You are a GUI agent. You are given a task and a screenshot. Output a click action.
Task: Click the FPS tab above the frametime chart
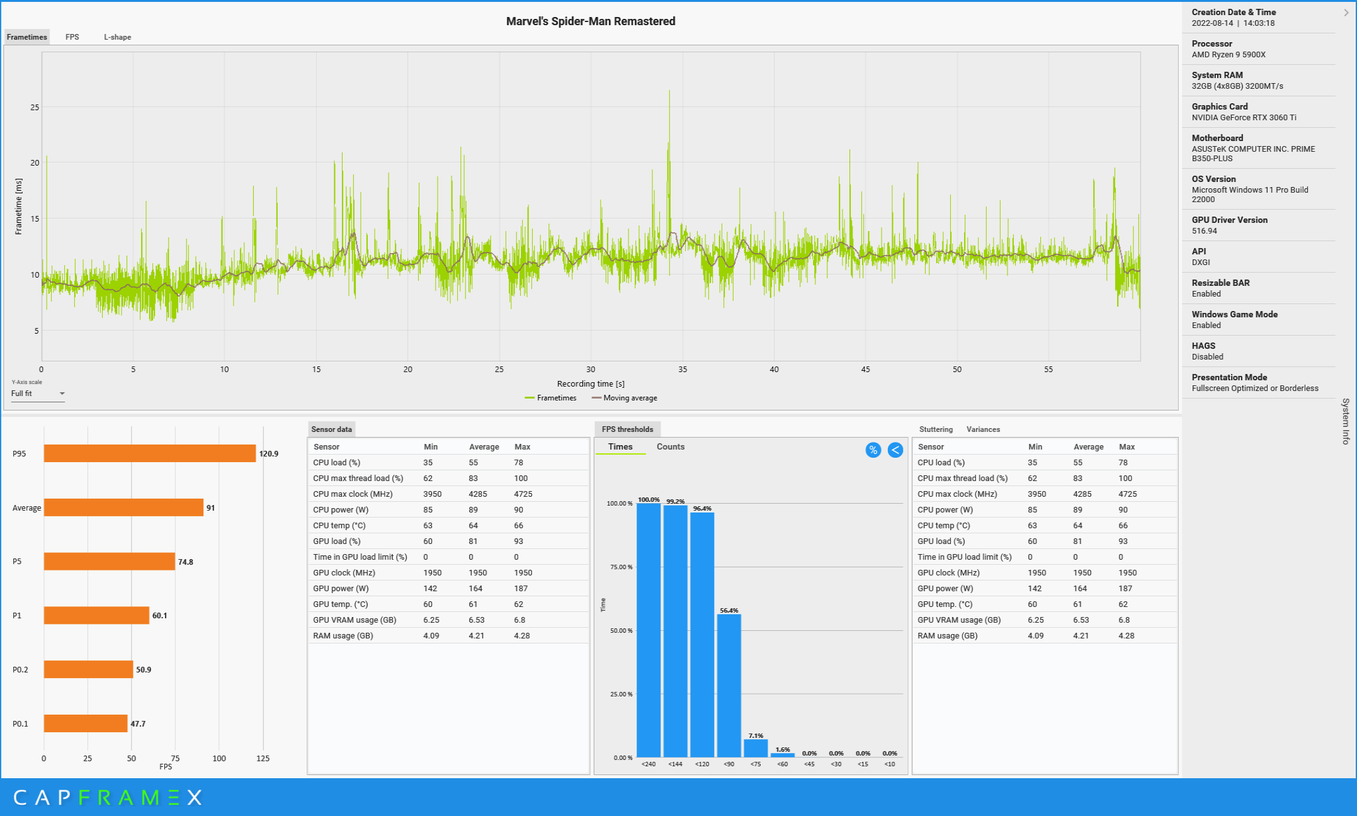[x=72, y=37]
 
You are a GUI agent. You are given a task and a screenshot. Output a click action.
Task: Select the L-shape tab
[x=117, y=37]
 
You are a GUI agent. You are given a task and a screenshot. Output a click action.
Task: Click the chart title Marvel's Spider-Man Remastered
[x=591, y=21]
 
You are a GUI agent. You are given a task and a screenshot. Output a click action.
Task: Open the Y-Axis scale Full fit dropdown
[x=38, y=394]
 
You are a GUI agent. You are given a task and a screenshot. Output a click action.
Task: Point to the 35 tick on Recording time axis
[x=683, y=370]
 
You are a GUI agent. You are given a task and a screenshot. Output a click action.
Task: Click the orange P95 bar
[x=150, y=453]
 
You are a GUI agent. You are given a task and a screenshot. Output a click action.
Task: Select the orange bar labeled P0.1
[x=86, y=723]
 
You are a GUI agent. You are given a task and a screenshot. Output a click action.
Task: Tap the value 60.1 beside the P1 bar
[x=160, y=616]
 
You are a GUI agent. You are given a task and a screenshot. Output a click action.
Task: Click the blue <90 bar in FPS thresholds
[x=729, y=686]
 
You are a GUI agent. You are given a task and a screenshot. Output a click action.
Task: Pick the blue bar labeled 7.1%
[x=756, y=749]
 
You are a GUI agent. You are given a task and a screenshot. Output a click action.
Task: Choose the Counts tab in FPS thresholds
[x=671, y=446]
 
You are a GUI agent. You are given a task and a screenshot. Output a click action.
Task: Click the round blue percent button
[x=873, y=450]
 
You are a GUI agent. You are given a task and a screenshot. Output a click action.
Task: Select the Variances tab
[x=983, y=429]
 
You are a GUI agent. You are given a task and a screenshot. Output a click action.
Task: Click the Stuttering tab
[x=936, y=429]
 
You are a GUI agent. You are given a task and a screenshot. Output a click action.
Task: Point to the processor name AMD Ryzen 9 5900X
[x=1229, y=55]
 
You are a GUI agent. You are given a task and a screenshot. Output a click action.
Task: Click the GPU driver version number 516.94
[x=1204, y=231]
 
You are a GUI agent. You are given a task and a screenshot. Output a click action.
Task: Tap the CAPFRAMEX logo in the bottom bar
[x=108, y=798]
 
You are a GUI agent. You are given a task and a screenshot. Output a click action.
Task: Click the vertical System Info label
[x=1346, y=421]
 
